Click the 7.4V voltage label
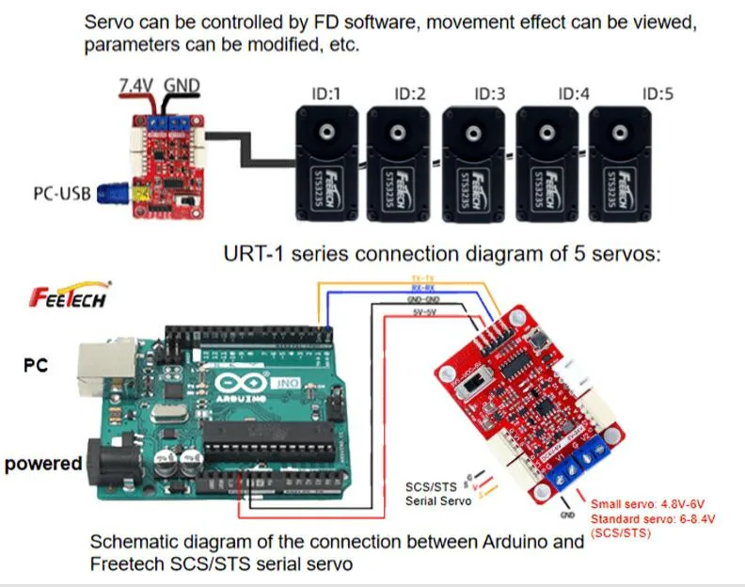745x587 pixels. pyautogui.click(x=135, y=86)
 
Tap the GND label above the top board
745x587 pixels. pyautogui.click(x=182, y=86)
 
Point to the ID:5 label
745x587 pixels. pyautogui.click(x=658, y=94)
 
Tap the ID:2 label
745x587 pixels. pyautogui.click(x=409, y=94)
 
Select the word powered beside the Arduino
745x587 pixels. pyautogui.click(x=42, y=463)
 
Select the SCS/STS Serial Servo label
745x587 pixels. pyautogui.click(x=433, y=494)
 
